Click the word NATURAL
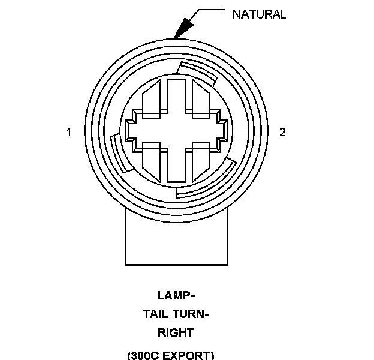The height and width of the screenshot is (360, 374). [x=259, y=14]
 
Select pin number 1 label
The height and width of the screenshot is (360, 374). [x=70, y=132]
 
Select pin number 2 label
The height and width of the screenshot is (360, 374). [x=283, y=132]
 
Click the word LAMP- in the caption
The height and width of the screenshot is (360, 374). [x=176, y=295]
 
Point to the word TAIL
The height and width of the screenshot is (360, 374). [x=156, y=314]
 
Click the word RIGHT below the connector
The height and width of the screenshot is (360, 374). [x=176, y=332]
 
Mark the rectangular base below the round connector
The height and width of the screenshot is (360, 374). [x=177, y=240]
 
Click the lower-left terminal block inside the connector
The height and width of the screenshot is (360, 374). [x=150, y=163]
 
